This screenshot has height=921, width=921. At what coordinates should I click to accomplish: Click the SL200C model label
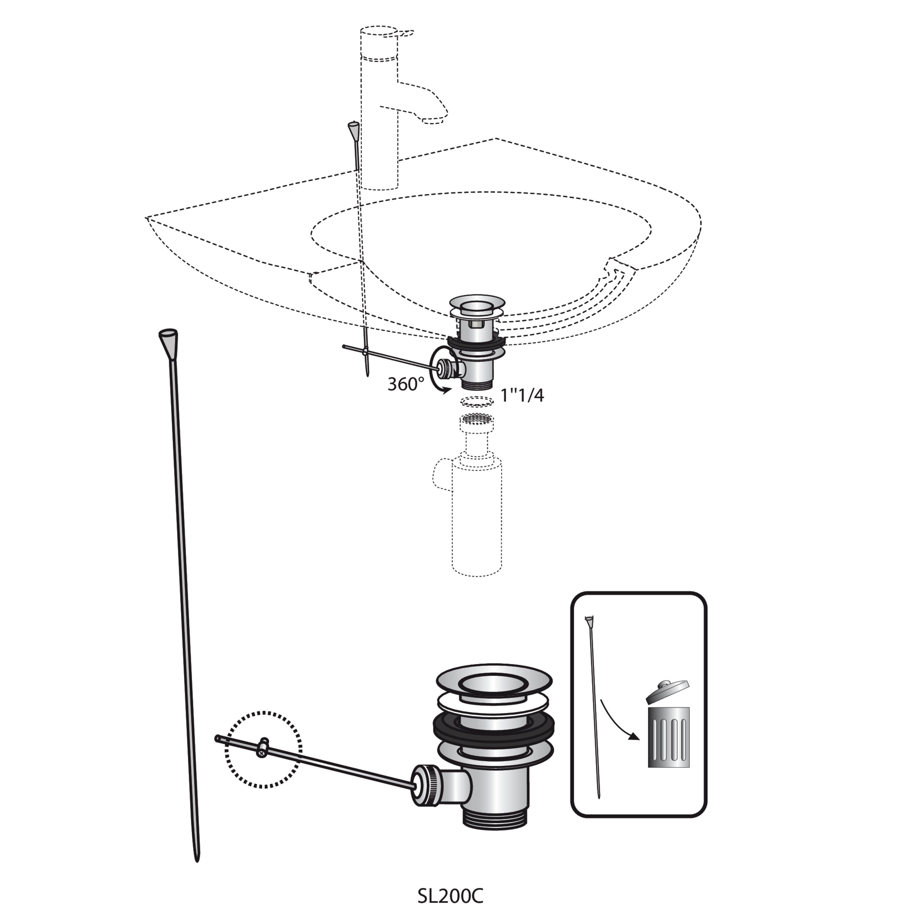(450, 896)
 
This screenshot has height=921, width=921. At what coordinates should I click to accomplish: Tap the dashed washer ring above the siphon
(477, 401)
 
